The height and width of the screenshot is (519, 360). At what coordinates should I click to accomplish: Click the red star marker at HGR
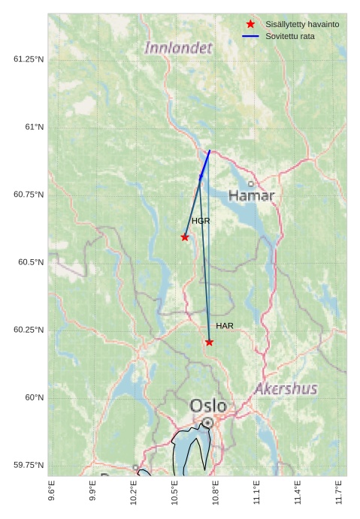tap(185, 237)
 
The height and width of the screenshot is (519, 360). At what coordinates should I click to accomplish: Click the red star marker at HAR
tap(209, 342)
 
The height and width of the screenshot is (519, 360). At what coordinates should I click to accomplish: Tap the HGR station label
tap(201, 222)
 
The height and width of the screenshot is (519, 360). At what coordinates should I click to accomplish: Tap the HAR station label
tap(225, 326)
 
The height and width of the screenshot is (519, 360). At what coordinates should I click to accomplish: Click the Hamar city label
tap(251, 195)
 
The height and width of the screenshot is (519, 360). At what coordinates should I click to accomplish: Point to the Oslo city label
tap(208, 406)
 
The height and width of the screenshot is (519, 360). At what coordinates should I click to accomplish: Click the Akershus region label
tap(286, 389)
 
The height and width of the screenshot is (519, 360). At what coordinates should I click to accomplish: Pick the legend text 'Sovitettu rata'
tap(290, 36)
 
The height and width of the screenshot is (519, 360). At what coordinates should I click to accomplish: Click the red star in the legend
tap(251, 25)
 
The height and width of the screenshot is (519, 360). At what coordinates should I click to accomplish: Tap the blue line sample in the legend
tap(251, 36)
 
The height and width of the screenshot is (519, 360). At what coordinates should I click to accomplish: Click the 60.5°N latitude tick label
tap(29, 262)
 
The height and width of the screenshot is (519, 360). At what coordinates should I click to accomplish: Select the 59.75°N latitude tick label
tap(29, 465)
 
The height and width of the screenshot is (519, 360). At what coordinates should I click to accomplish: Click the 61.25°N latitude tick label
tap(29, 59)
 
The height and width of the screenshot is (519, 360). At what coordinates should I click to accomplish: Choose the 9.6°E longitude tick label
tap(52, 493)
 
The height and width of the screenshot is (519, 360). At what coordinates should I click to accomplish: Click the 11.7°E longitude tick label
tap(339, 493)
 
